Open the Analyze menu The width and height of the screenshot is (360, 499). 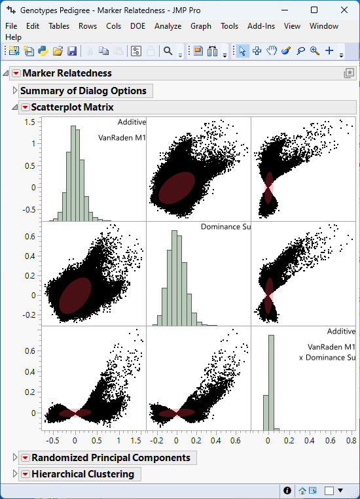click(168, 26)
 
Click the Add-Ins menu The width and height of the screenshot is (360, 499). click(261, 26)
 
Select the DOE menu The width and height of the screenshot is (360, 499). click(137, 26)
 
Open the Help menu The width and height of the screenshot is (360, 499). click(13, 37)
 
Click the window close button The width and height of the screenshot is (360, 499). click(344, 10)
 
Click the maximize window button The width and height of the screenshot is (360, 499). click(314, 10)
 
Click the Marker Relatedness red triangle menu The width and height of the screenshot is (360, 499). click(16, 73)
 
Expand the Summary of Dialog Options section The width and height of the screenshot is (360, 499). click(16, 91)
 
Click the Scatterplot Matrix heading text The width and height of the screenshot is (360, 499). click(72, 107)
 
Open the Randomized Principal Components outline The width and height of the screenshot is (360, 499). click(16, 458)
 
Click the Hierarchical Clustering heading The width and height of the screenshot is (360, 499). click(82, 474)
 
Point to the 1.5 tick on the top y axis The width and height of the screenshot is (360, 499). click(29, 122)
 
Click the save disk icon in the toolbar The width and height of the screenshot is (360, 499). click(72, 51)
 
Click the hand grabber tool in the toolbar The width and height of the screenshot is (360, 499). click(272, 51)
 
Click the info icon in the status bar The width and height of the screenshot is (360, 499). click(287, 490)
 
